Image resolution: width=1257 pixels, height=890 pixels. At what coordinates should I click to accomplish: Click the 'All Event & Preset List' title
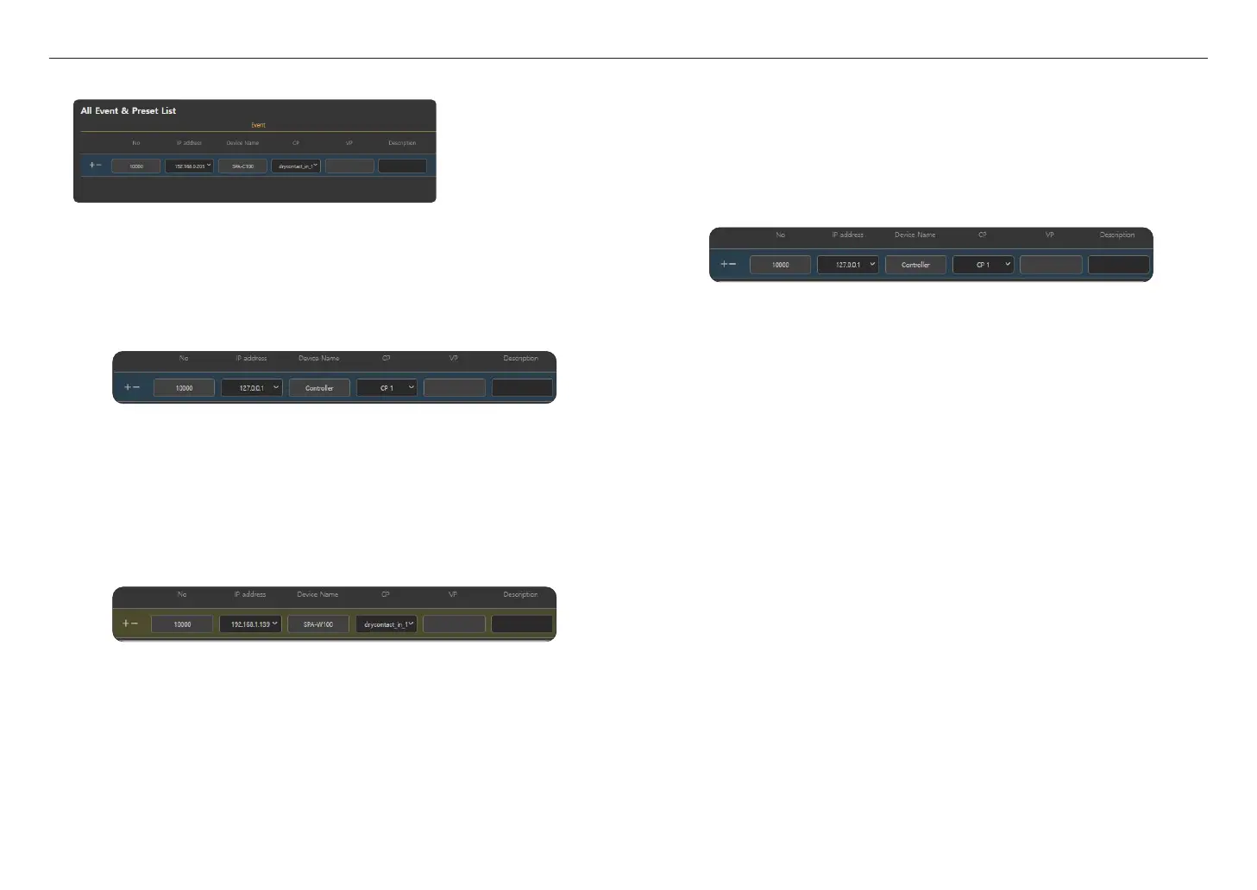coord(129,110)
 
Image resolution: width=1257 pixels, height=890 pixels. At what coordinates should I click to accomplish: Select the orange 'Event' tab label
coord(258,125)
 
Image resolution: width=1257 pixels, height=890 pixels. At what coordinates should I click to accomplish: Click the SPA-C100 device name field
coord(242,166)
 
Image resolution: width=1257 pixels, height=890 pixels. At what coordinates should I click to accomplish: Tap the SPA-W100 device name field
coord(318,624)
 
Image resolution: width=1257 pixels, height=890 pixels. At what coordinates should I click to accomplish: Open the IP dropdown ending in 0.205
coord(189,166)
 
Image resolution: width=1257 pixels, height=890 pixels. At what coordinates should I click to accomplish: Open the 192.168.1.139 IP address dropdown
coord(250,624)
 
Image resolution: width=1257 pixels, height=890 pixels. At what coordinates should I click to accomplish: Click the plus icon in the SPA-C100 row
coord(91,165)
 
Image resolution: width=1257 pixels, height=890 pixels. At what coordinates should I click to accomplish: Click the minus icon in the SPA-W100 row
coord(135,624)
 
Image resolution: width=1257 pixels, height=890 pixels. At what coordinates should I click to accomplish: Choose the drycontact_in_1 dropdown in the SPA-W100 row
coord(387,624)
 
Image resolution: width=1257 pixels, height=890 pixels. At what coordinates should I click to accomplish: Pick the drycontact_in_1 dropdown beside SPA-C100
coord(296,166)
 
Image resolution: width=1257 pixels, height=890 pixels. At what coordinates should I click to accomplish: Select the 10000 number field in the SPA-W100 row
coord(182,624)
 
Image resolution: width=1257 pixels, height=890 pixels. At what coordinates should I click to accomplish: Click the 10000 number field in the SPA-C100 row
coord(136,166)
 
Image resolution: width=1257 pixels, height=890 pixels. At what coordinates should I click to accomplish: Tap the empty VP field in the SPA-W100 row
coord(454,624)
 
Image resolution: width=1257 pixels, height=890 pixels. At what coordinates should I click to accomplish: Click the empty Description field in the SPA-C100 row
coord(402,166)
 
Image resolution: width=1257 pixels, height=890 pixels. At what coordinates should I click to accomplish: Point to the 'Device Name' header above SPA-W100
coord(317,594)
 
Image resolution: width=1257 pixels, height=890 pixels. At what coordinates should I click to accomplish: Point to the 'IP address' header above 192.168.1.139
coord(250,594)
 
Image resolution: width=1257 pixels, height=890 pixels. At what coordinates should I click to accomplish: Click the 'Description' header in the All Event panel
coord(402,143)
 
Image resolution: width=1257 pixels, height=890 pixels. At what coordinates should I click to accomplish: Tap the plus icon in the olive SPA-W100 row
coord(125,624)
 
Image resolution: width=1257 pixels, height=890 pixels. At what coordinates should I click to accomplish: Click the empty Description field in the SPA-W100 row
coord(521,624)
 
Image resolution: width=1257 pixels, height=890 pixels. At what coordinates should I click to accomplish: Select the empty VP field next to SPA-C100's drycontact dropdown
coord(349,166)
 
